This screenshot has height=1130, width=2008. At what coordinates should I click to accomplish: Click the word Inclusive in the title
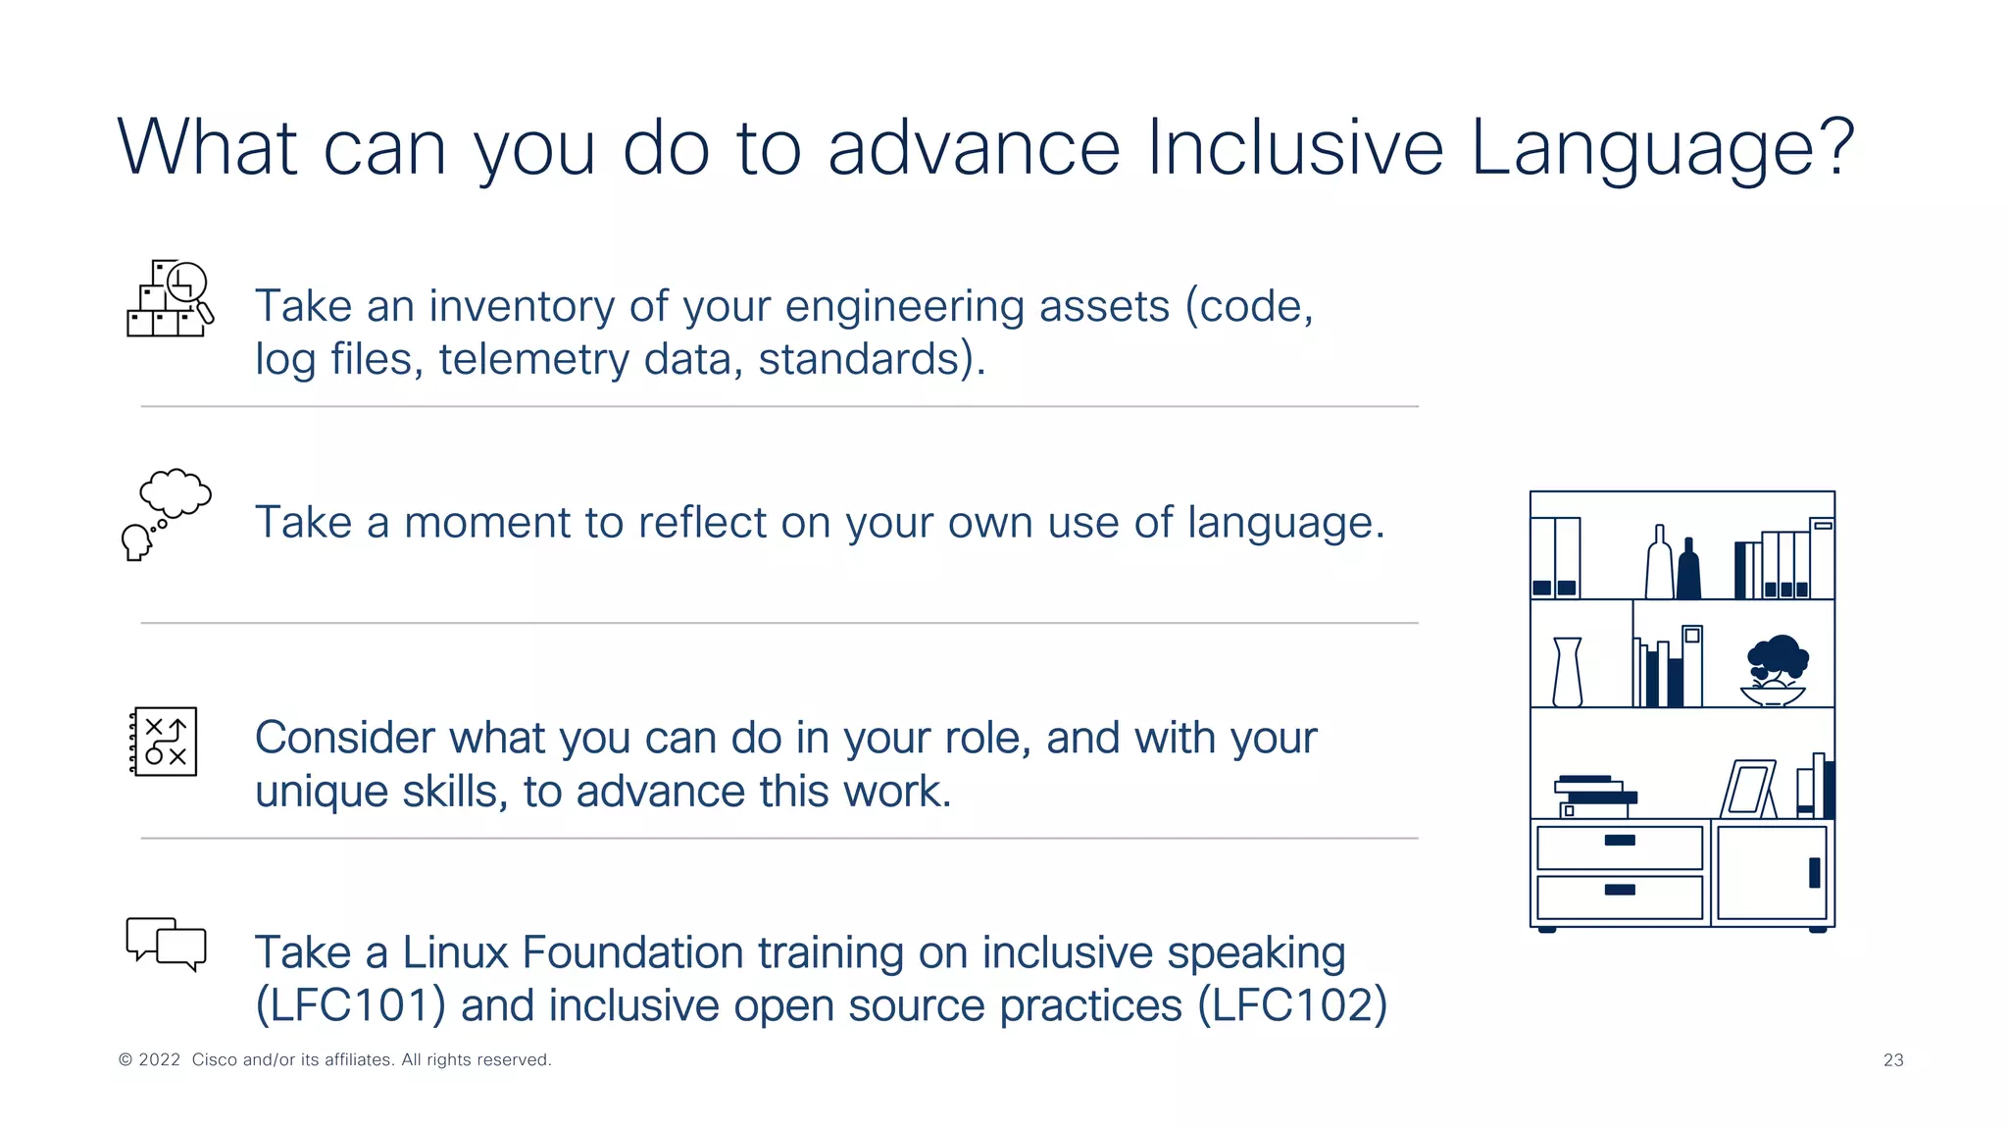[1294, 147]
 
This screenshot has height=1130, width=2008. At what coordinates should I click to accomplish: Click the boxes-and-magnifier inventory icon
[169, 299]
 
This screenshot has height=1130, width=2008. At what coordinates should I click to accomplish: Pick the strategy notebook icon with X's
[164, 742]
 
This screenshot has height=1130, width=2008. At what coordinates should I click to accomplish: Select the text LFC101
[351, 1005]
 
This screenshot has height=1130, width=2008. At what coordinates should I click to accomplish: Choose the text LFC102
[1292, 1005]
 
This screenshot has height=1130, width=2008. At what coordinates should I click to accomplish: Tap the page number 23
[1893, 1060]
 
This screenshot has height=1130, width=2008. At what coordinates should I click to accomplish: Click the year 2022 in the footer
[160, 1060]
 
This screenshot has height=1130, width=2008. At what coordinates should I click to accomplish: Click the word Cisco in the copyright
[214, 1060]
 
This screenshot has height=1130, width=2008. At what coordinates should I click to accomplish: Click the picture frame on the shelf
[1748, 789]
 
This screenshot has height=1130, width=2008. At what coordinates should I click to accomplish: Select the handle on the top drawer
[1620, 841]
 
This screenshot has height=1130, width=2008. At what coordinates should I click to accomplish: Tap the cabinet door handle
[1814, 872]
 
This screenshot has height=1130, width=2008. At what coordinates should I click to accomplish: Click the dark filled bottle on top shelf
[1688, 570]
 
